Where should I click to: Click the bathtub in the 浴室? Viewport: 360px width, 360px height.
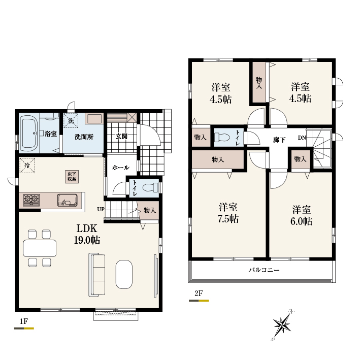click(29, 133)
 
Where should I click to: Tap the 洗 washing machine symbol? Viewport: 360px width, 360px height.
click(71, 120)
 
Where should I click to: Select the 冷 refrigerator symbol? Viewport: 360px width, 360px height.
click(27, 165)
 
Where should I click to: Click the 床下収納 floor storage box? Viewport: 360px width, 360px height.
click(72, 177)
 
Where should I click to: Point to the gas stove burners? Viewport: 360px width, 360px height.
click(31, 200)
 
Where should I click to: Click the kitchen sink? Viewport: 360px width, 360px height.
click(67, 200)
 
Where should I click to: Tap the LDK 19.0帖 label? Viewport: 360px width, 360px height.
click(87, 234)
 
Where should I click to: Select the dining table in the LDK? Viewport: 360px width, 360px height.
click(40, 248)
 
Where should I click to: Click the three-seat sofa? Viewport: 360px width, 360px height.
click(96, 274)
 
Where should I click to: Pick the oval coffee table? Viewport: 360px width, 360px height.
click(124, 274)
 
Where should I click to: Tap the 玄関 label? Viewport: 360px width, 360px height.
click(121, 137)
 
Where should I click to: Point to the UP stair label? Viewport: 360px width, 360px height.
click(101, 209)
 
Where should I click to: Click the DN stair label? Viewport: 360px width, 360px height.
click(302, 138)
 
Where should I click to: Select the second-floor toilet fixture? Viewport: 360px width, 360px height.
click(222, 138)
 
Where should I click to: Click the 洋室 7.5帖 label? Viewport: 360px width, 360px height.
click(228, 213)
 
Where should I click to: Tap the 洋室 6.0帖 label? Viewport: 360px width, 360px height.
click(301, 215)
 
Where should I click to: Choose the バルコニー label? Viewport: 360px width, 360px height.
click(264, 270)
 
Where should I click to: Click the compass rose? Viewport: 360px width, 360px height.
click(283, 325)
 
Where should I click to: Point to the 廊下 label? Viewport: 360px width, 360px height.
click(279, 140)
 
